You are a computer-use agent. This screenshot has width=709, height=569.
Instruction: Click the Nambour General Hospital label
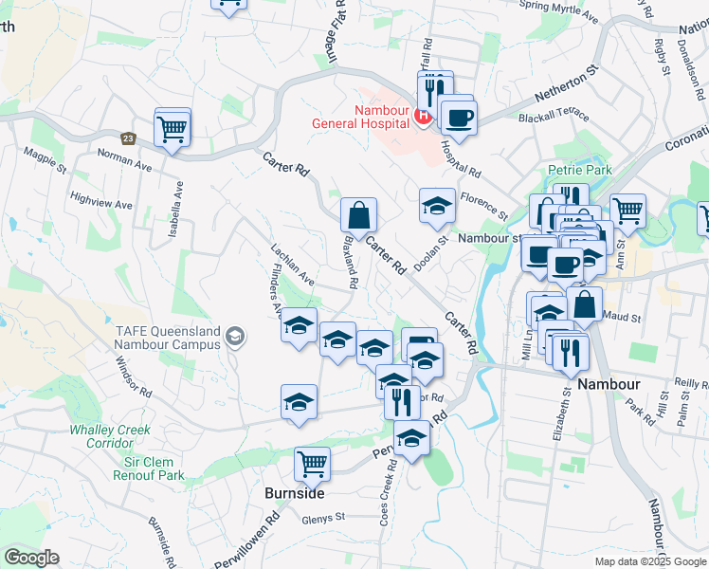[x=365, y=117]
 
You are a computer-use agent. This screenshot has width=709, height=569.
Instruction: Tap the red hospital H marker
[x=424, y=118]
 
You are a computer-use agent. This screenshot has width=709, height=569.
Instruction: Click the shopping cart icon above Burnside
[x=312, y=464]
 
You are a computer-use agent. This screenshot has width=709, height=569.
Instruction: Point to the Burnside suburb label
[x=295, y=493]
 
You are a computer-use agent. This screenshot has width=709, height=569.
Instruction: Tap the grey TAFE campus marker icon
[x=235, y=336]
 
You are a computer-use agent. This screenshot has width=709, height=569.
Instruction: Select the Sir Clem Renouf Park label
[x=155, y=468]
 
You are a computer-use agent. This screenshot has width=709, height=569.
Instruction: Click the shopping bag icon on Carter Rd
[x=359, y=214]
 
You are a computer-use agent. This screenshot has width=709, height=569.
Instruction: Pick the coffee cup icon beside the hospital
[x=459, y=116]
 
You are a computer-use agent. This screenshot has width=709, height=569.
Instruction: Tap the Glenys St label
[x=322, y=518]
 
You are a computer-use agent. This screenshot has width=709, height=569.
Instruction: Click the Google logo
[x=31, y=558]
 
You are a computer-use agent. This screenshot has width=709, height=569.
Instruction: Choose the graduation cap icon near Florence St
[x=437, y=205]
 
